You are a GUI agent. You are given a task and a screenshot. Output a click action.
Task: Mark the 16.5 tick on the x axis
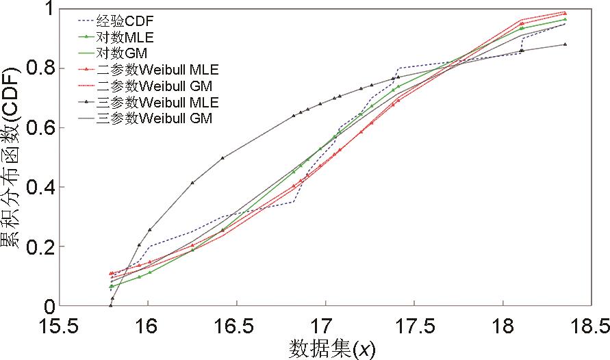tap(236, 322)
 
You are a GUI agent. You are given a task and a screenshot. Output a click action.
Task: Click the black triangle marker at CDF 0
tap(111, 305)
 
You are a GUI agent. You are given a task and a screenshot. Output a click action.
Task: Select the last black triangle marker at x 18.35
tap(565, 44)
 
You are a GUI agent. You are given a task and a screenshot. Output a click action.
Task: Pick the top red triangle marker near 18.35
tap(565, 12)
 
